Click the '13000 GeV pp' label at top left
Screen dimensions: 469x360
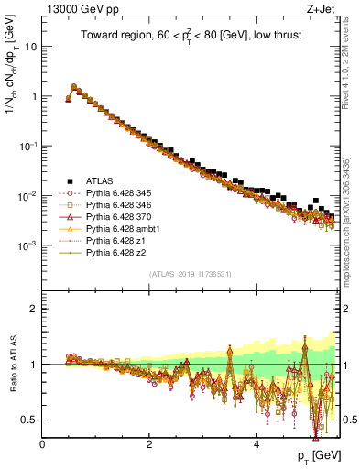(74, 10)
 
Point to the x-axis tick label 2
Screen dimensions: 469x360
(149, 444)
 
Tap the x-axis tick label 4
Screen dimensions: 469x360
(256, 444)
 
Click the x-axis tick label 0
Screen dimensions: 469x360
(42, 444)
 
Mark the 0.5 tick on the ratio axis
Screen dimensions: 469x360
(30, 420)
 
